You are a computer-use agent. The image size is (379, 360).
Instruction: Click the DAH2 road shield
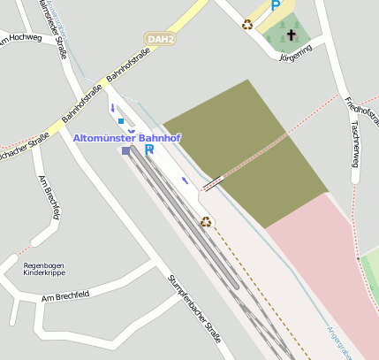pos(160,40)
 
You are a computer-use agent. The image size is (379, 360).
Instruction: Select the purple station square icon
pos(126,151)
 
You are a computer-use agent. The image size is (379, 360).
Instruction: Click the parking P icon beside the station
pos(149,149)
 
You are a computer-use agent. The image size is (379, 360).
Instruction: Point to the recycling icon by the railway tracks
pos(206,221)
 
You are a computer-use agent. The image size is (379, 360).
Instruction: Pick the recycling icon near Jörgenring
pos(247,24)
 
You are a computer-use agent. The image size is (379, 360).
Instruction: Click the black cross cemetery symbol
pos(292,36)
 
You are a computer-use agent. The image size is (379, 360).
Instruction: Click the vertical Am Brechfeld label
pos(50,196)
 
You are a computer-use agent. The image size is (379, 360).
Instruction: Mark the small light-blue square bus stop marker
pos(121,120)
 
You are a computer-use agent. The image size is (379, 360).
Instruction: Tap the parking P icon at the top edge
pos(275,5)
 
